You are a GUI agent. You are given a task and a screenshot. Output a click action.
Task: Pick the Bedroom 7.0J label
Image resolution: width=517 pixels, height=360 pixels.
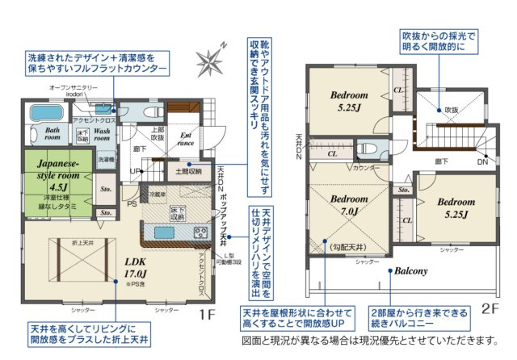click(350, 204)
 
